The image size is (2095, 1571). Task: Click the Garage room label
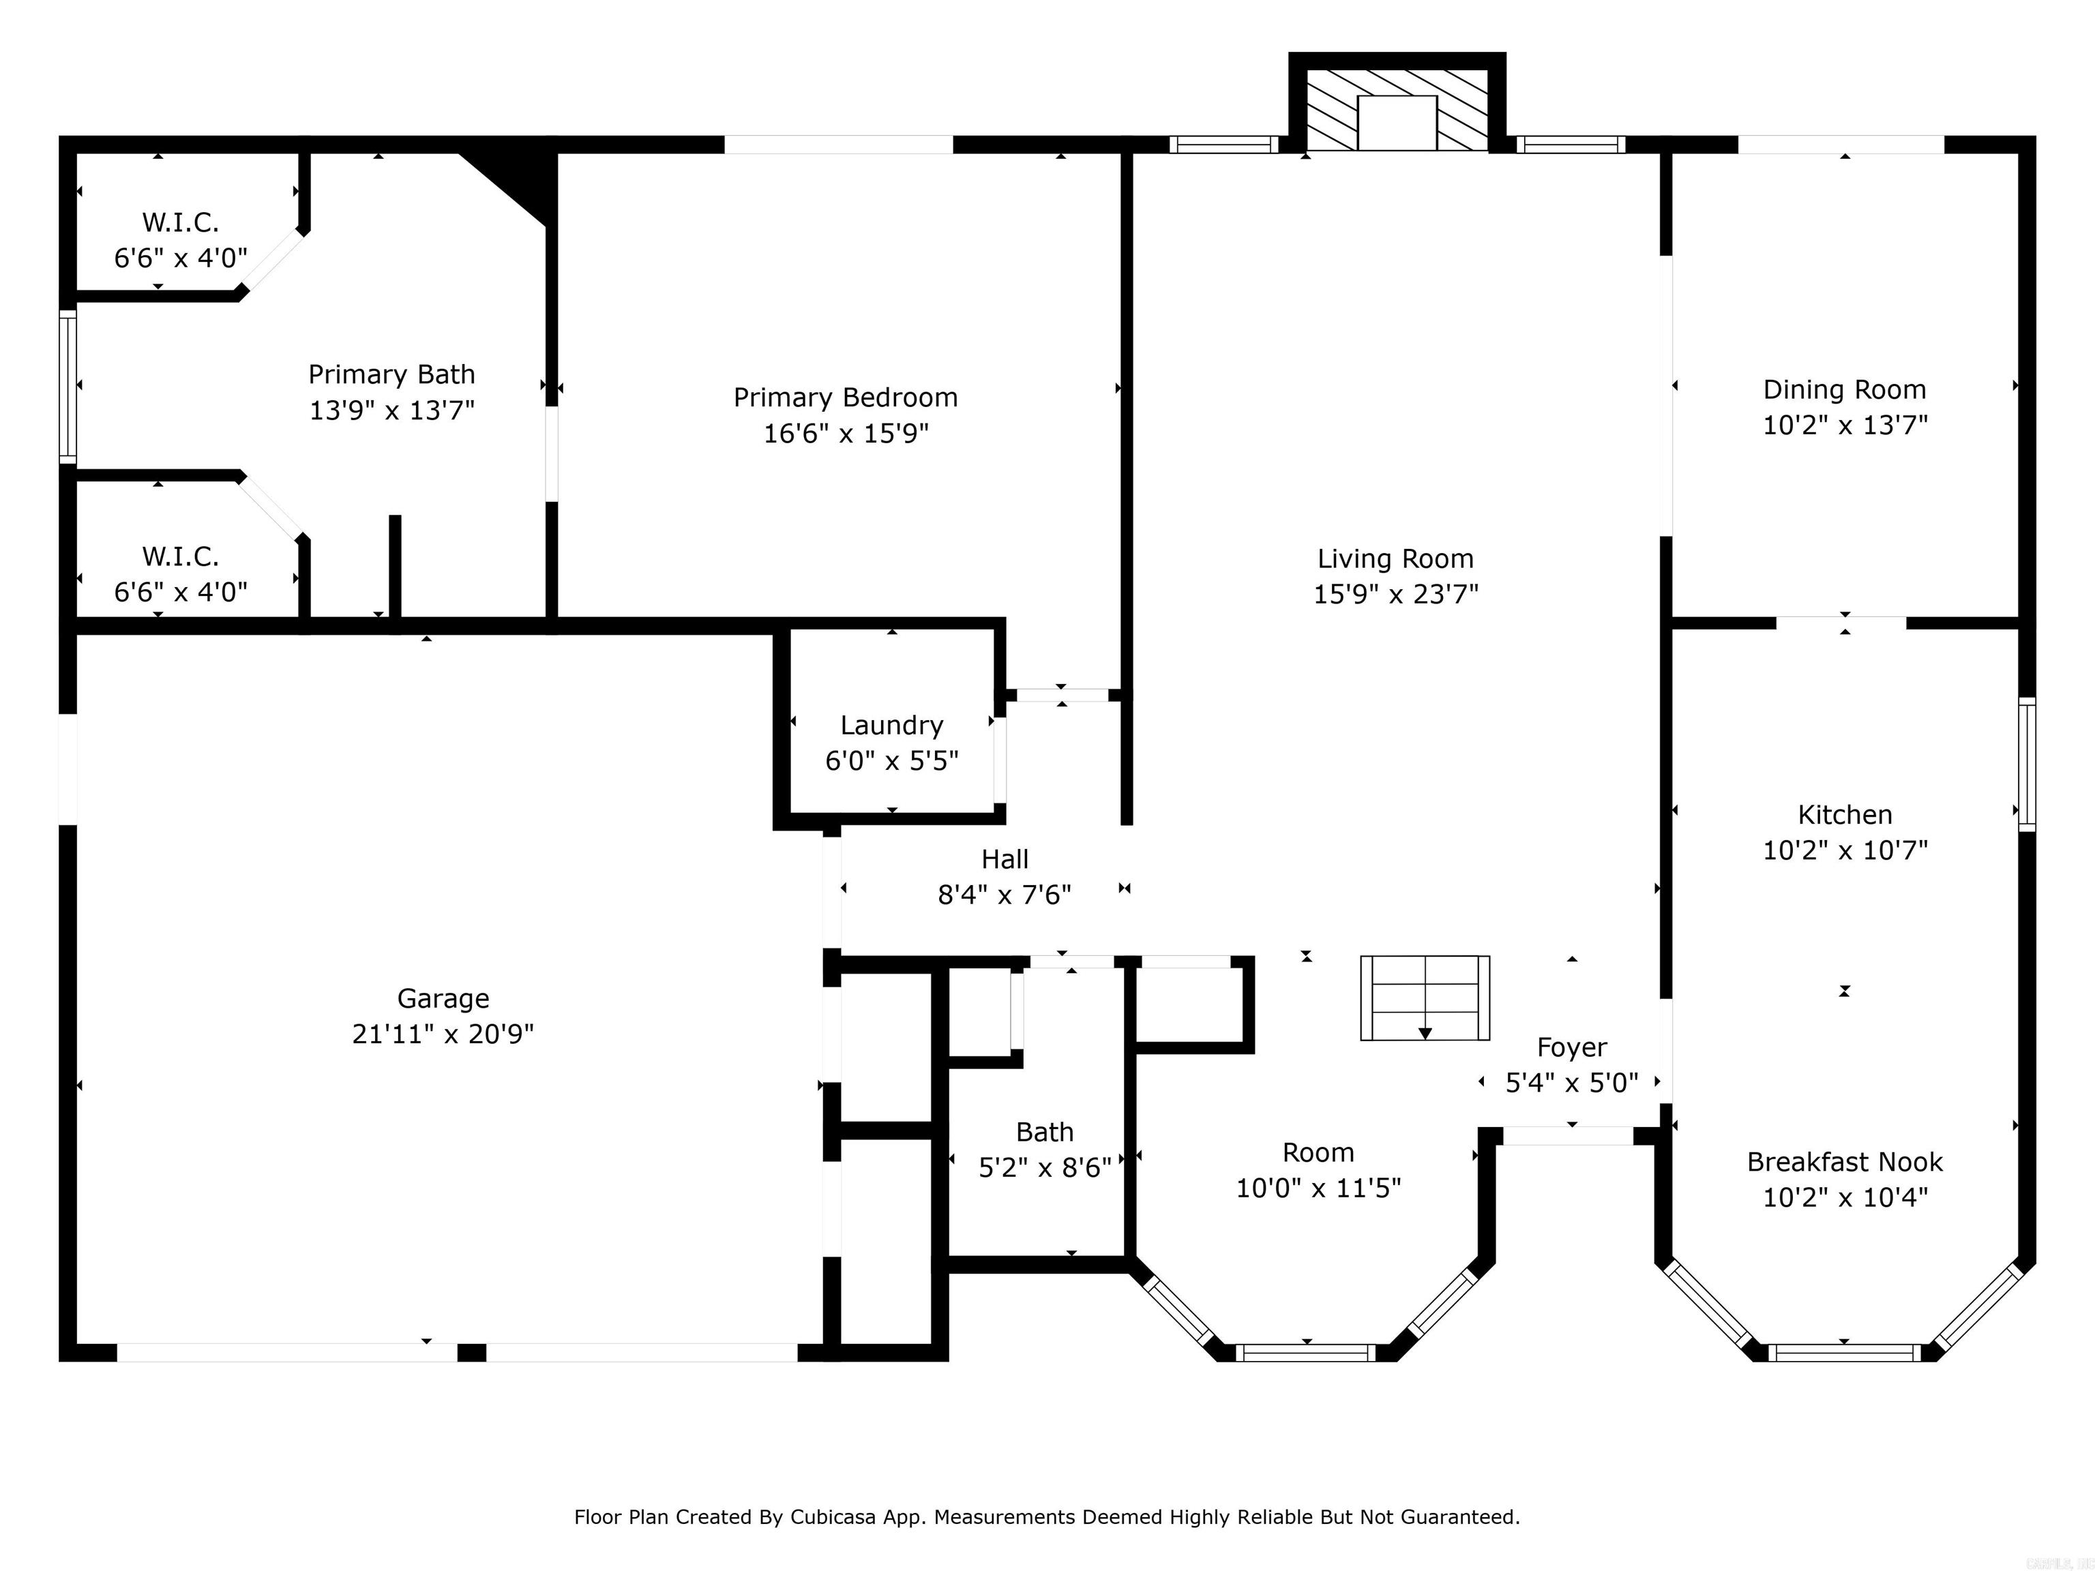pyautogui.click(x=443, y=998)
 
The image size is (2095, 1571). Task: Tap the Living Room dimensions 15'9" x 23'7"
pyautogui.click(x=1395, y=594)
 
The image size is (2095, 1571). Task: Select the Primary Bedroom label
pyautogui.click(x=846, y=398)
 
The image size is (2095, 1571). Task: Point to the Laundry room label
pyautogui.click(x=892, y=725)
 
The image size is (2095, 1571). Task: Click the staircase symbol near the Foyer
pyautogui.click(x=1425, y=998)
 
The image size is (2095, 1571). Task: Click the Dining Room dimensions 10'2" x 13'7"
pyautogui.click(x=1845, y=425)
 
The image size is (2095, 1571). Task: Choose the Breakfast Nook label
pyautogui.click(x=1845, y=1162)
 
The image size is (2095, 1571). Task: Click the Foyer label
pyautogui.click(x=1572, y=1047)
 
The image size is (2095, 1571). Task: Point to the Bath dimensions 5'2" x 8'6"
pyautogui.click(x=1045, y=1167)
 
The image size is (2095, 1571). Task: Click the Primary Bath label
pyautogui.click(x=392, y=375)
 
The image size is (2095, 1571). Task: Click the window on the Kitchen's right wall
pyautogui.click(x=2027, y=764)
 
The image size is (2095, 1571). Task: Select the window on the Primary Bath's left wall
pyautogui.click(x=68, y=387)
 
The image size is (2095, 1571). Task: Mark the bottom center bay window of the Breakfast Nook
pyautogui.click(x=1845, y=1352)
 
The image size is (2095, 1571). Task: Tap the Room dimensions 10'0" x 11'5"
pyautogui.click(x=1318, y=1188)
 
